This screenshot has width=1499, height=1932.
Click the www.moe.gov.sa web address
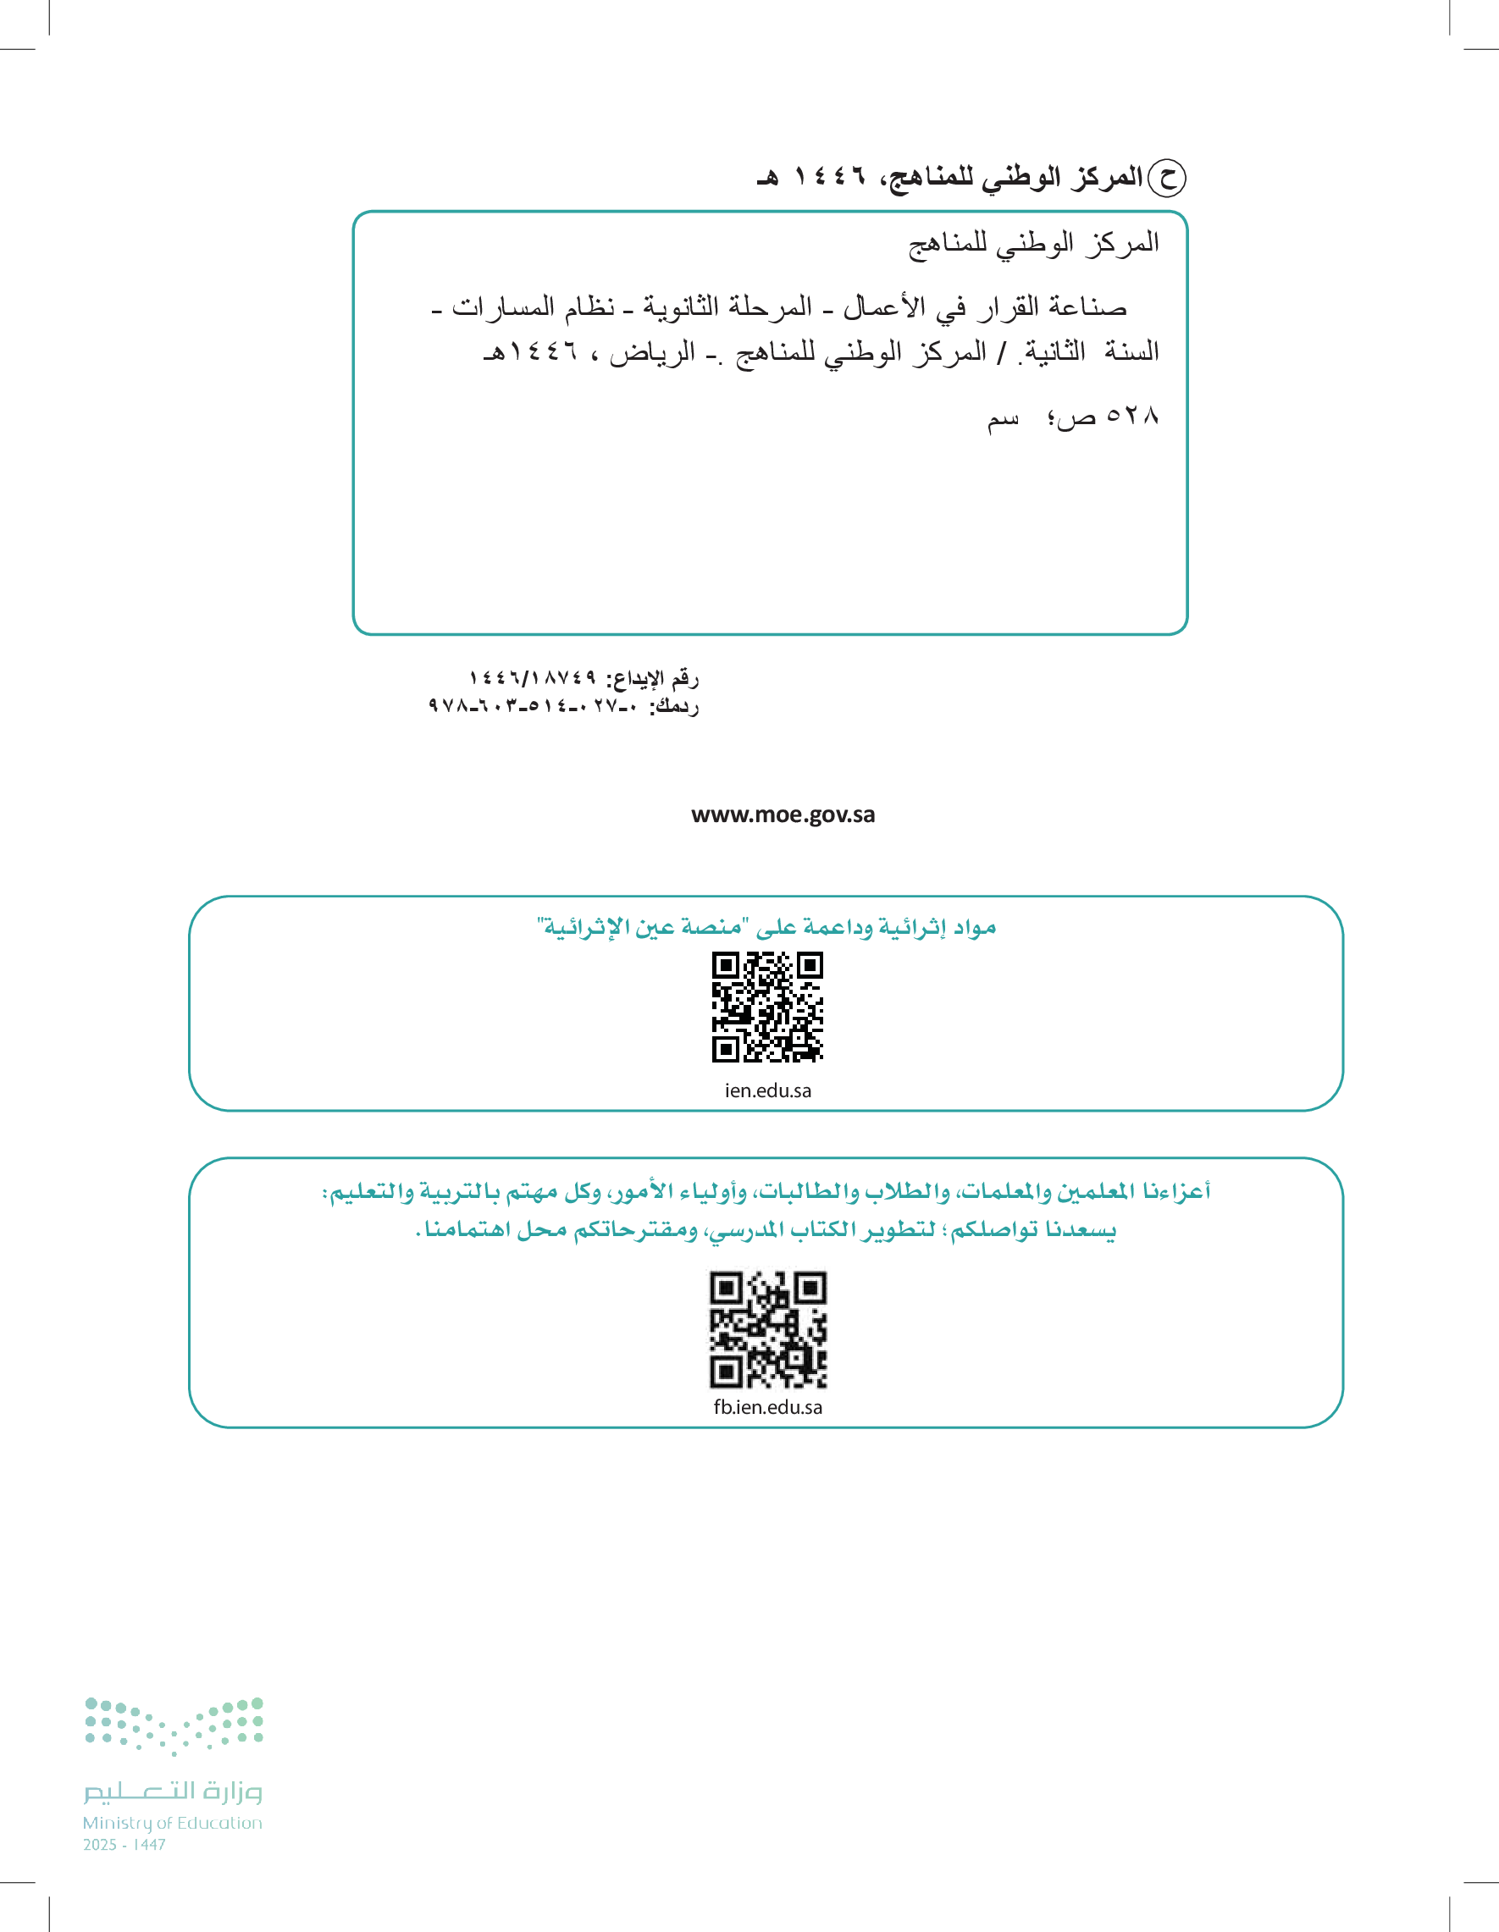coord(783,814)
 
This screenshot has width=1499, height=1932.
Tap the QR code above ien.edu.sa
coord(767,1007)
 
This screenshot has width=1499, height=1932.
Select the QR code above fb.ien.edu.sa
coord(767,1329)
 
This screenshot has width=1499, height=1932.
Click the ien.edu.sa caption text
coord(767,1090)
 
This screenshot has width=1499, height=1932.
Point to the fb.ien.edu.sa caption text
coord(767,1407)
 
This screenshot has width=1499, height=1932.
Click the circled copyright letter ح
coord(1166,178)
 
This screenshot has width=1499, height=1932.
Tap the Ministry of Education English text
coord(173,1823)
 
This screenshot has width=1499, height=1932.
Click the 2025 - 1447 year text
coord(124,1846)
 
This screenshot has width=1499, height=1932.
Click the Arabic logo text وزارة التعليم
coord(174,1791)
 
